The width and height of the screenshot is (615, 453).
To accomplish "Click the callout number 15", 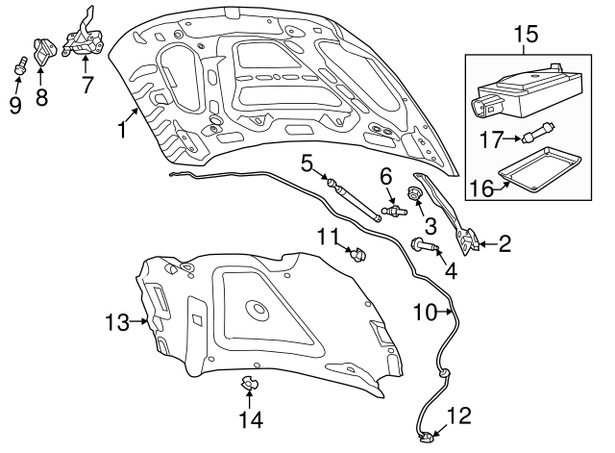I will coord(526,35).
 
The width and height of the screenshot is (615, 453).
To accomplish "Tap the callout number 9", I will coord(15,104).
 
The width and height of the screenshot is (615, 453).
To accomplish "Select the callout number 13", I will coord(115,323).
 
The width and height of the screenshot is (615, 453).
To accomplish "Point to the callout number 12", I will coord(459,415).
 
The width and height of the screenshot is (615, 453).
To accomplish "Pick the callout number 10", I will coord(425,312).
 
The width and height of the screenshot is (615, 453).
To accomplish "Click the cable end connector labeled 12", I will coord(427,440).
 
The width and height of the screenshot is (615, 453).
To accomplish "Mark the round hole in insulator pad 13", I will coord(257,310).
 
